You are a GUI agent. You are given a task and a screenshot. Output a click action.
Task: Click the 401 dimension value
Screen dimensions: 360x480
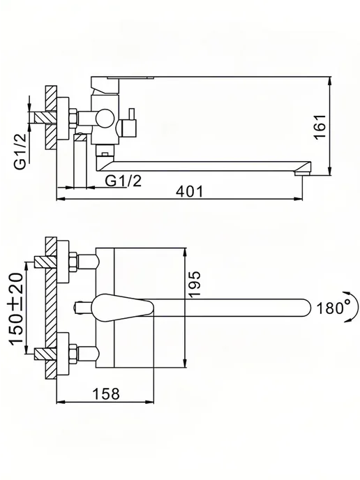(190, 192)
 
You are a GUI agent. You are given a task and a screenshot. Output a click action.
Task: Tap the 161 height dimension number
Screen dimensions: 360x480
(320, 127)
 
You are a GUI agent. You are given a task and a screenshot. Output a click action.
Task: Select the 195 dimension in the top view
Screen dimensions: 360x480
(195, 284)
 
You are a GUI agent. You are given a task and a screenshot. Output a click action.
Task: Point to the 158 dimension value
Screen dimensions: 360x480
(106, 393)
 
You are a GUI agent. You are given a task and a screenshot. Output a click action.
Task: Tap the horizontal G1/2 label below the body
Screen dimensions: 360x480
(123, 181)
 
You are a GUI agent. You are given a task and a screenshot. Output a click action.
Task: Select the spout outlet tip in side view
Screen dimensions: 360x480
(303, 173)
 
